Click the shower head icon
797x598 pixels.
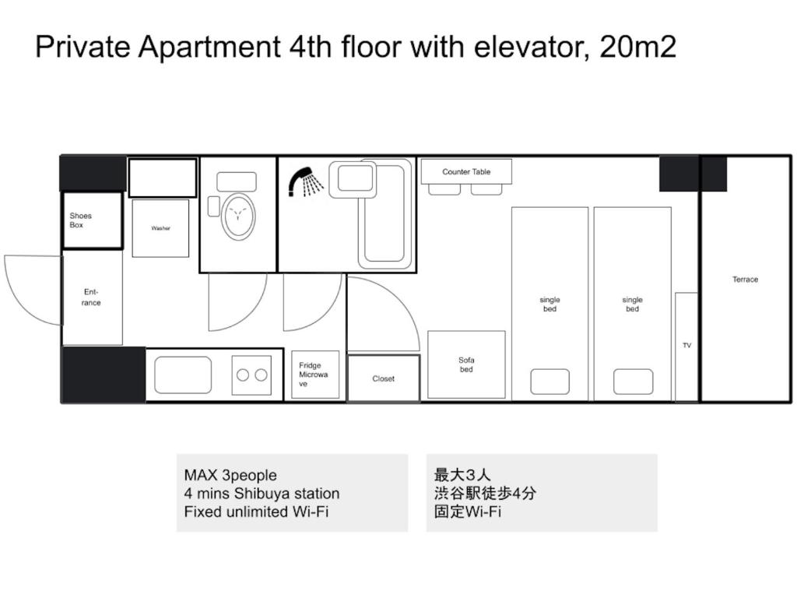point(305,181)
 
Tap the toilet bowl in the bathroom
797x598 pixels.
point(238,216)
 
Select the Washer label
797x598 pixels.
point(160,228)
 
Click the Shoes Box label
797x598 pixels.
point(81,220)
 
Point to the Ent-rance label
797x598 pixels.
point(91,297)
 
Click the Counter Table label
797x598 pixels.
point(466,172)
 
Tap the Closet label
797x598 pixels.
point(383,379)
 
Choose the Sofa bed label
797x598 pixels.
point(467,364)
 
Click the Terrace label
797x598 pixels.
point(745,280)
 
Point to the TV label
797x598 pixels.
point(686,345)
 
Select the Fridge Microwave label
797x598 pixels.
point(313,375)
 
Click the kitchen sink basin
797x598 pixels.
point(183,375)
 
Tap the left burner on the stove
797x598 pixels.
point(243,375)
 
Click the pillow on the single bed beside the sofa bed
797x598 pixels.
point(550,382)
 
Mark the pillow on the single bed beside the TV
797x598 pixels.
point(633,382)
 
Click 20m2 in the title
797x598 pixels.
point(638,47)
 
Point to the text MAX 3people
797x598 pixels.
point(230,476)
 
